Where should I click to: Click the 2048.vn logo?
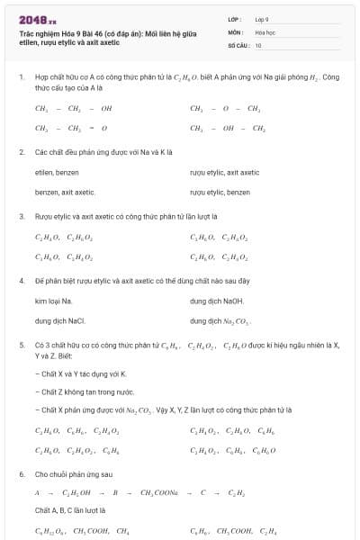37,19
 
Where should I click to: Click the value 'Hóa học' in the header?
265,31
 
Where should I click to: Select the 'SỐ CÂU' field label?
238,44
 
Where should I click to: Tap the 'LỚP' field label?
234,19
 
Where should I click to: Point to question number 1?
21,77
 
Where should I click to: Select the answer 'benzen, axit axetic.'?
65,192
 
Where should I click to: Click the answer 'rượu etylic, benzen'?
220,192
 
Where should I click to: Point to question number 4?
21,281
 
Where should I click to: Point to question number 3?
21,216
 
